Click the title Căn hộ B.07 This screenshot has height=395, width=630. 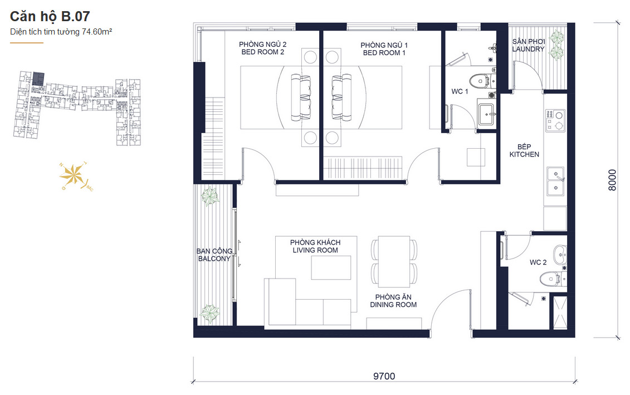click(50, 16)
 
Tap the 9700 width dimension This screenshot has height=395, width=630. click(384, 376)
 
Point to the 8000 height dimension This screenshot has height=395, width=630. click(612, 181)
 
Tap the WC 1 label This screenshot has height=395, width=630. click(460, 91)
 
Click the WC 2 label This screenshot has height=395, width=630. click(538, 262)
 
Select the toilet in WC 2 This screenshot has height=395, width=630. click(550, 279)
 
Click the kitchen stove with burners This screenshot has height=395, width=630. click(555, 120)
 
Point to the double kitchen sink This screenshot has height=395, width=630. click(556, 181)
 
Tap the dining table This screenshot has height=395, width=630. click(394, 262)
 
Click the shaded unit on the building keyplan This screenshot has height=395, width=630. click(38, 79)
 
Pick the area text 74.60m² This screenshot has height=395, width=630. click(97, 32)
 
